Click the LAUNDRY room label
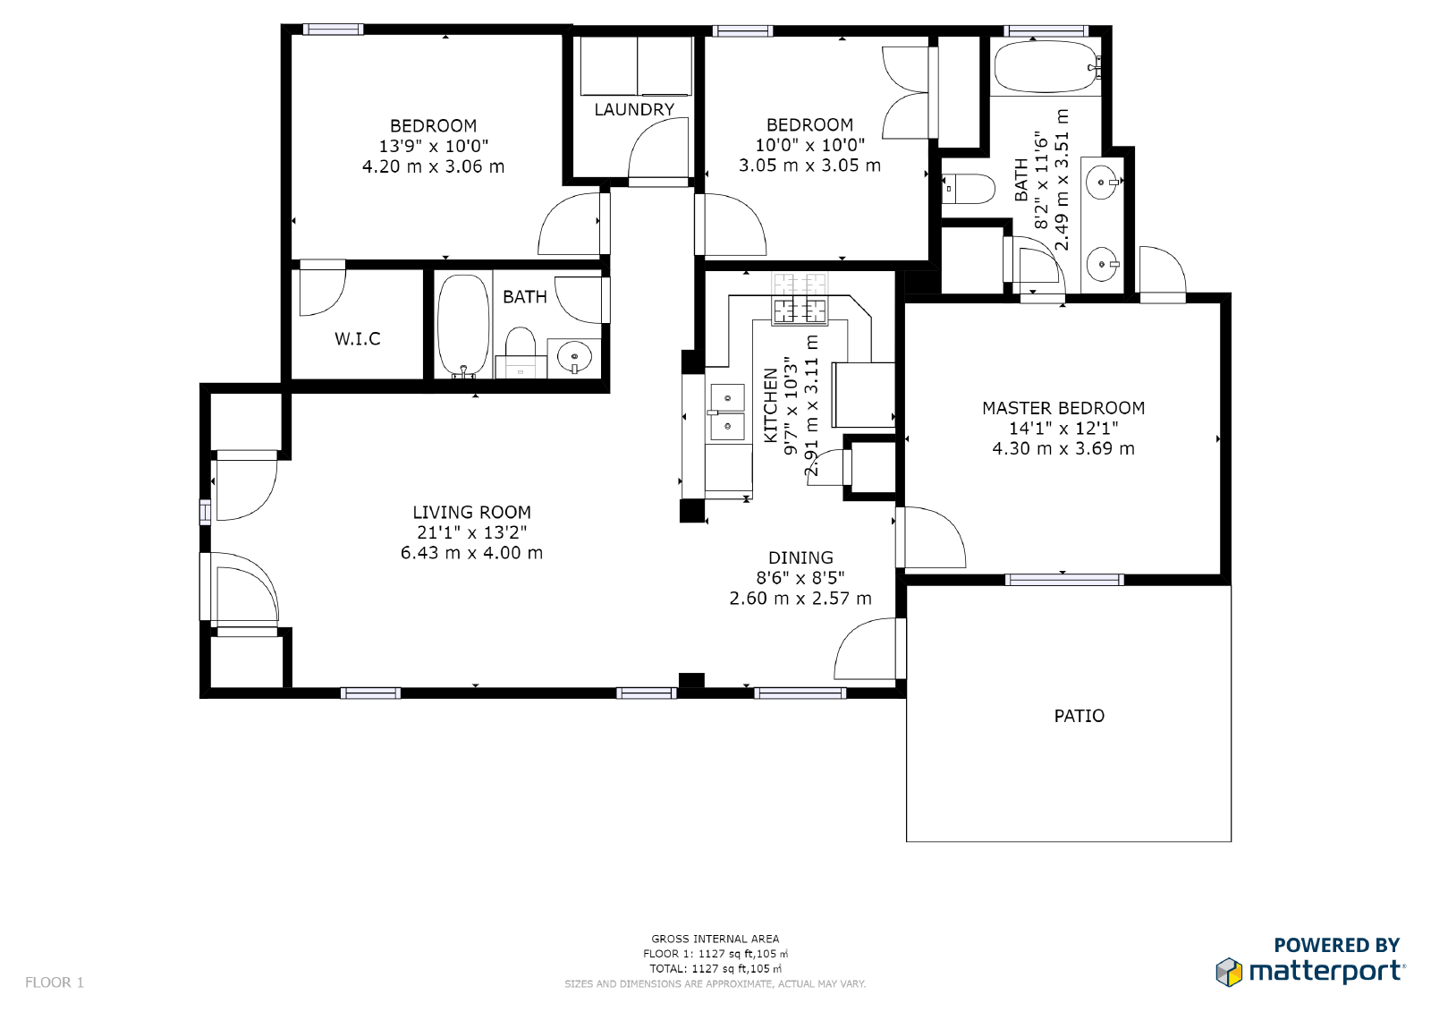tap(634, 109)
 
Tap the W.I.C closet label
tap(357, 338)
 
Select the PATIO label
tap(1079, 716)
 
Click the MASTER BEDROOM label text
tap(1063, 408)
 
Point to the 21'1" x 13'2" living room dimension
tap(471, 532)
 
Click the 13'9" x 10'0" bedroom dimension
tap(433, 146)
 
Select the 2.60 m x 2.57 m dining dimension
tap(800, 599)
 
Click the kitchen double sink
tap(727, 412)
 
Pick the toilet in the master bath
tap(970, 189)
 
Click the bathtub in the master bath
tap(1045, 66)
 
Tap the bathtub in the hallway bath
tap(462, 325)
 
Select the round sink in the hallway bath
tap(573, 357)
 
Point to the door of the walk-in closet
tap(321, 290)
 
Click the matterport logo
tap(1310, 971)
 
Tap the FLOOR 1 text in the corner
tap(55, 982)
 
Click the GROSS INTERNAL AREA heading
tap(715, 939)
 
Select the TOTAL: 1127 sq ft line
tap(715, 968)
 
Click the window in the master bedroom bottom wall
tap(1063, 580)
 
